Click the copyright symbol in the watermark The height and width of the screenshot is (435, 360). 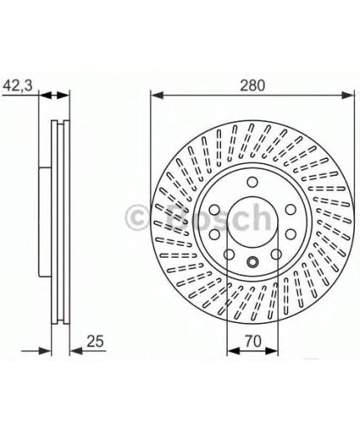tap(136, 218)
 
